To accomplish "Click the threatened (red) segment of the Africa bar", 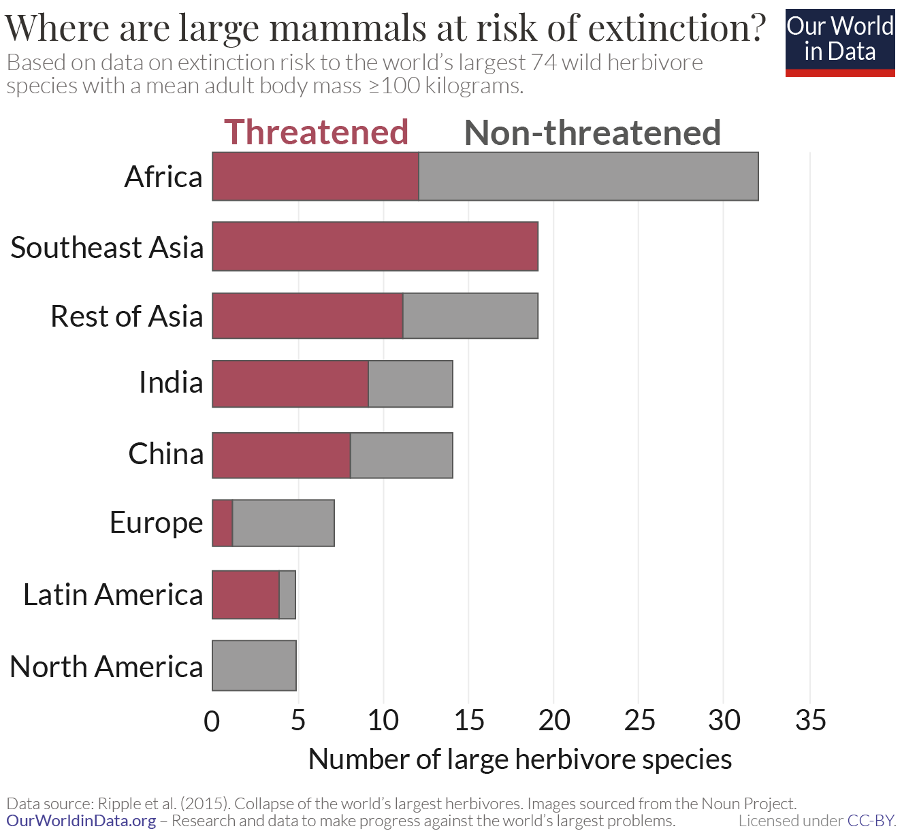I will tap(315, 176).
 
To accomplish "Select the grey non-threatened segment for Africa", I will tap(588, 176).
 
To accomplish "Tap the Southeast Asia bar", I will tap(375, 246).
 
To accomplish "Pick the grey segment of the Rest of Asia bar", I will tap(470, 316).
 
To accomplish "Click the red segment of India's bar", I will tap(290, 384).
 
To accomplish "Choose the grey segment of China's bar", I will tap(402, 455).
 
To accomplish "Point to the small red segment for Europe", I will tap(223, 523).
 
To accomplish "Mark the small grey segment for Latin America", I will tap(287, 595).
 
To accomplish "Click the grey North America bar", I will tap(254, 666).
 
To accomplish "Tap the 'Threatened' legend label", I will tap(316, 132).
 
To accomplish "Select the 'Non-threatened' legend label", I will tap(592, 133).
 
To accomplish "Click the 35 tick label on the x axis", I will tap(810, 720).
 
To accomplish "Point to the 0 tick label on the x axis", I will tap(212, 721).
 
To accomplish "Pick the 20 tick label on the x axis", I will tap(554, 720).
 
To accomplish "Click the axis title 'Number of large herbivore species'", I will tap(520, 759).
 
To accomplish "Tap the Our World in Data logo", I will tap(840, 42).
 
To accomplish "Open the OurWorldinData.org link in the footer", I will tap(81, 821).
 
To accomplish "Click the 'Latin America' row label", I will tap(113, 595).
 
